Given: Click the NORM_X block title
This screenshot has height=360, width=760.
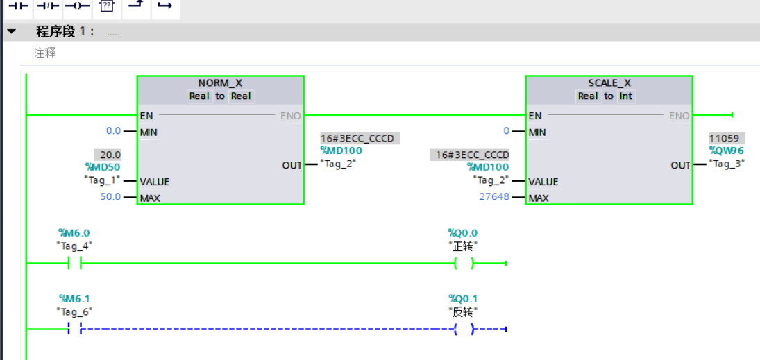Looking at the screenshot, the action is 220,83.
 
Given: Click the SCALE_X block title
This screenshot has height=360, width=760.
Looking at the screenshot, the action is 609,83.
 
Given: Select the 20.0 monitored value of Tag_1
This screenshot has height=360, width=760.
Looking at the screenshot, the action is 110,155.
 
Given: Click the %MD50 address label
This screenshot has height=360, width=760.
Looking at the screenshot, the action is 103,167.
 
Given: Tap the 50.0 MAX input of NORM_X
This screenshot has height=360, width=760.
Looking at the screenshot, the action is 110,197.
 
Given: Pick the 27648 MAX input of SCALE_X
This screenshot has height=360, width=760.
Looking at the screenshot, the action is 493,198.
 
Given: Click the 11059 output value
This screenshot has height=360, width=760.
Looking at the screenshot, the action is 724,139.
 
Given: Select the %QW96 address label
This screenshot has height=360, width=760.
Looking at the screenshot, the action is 726,151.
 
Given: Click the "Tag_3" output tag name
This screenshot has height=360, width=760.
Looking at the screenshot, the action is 727,163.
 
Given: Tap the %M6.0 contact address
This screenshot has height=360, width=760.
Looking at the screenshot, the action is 74,233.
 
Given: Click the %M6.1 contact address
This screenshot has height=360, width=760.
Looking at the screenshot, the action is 75,298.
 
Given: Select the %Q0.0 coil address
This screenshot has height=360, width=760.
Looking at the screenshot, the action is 463,233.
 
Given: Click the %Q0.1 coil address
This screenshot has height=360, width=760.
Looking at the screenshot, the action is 463,298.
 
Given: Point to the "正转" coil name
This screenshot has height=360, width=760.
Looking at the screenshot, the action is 463,247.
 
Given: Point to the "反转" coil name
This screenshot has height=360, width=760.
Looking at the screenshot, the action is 463,311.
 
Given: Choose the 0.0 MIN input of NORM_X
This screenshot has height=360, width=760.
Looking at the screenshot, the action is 113,131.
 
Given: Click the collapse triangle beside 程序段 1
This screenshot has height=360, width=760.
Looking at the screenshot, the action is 11,32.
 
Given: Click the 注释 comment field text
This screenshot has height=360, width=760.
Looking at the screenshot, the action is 45,53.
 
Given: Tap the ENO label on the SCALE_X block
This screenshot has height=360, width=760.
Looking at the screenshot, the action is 679,116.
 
